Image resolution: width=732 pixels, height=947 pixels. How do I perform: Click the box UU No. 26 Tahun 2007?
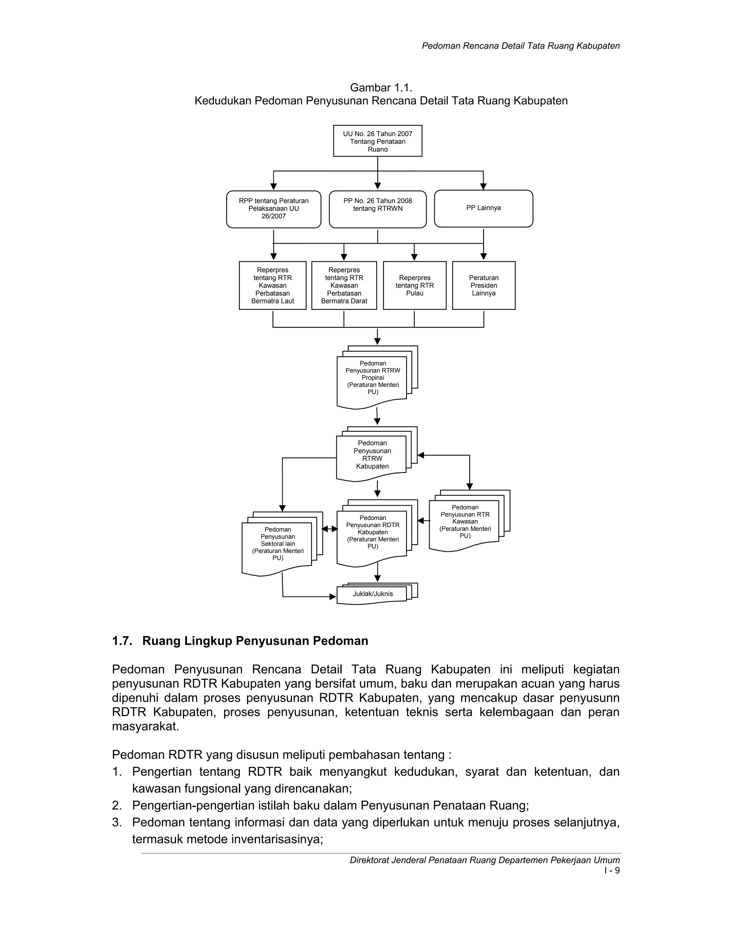click(377, 141)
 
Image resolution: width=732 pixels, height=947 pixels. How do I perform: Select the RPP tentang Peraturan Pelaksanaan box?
click(274, 209)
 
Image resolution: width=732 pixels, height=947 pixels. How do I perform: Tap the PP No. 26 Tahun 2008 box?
click(378, 209)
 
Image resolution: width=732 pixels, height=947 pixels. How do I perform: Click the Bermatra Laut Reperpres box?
click(272, 285)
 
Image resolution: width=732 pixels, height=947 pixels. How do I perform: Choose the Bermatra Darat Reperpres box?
click(344, 285)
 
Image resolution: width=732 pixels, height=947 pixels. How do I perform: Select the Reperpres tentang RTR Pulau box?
click(415, 285)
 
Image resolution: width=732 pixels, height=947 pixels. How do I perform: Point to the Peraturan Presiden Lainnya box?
click(484, 285)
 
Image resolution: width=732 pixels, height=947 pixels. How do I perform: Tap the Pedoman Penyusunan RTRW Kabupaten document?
click(372, 455)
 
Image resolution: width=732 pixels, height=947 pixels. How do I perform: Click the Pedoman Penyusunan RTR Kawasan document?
click(465, 522)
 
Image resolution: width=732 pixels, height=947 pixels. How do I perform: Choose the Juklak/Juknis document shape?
click(372, 594)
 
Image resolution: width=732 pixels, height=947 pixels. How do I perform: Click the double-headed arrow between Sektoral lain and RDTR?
click(330, 529)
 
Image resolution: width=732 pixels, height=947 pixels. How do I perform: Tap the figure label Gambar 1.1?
click(381, 88)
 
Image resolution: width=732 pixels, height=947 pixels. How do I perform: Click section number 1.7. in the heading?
click(122, 641)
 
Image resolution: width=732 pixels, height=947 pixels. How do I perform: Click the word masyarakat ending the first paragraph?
click(145, 726)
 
